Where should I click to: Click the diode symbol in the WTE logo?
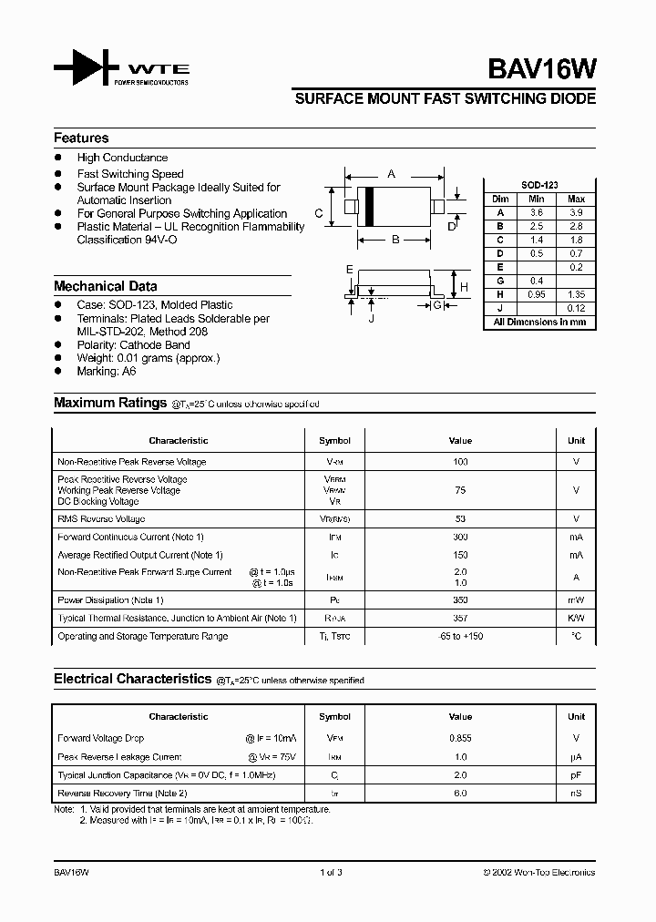point(87,69)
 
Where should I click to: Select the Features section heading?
point(81,138)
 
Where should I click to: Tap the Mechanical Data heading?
point(105,285)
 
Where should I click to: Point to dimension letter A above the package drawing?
point(392,173)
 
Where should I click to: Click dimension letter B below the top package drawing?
point(395,241)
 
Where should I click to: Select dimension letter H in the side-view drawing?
point(464,286)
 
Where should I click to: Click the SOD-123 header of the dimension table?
point(539,185)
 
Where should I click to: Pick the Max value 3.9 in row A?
point(576,211)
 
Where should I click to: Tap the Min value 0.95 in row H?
point(537,294)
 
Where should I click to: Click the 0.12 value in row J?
point(576,308)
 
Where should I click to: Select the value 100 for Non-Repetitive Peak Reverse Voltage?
point(460,462)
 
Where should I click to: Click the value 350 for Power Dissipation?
point(460,599)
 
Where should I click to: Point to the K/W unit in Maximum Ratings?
point(576,618)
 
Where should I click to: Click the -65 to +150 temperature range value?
point(460,636)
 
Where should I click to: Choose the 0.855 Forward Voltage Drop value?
point(460,738)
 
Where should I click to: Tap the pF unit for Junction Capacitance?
point(576,774)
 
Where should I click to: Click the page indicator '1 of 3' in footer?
point(332,872)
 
